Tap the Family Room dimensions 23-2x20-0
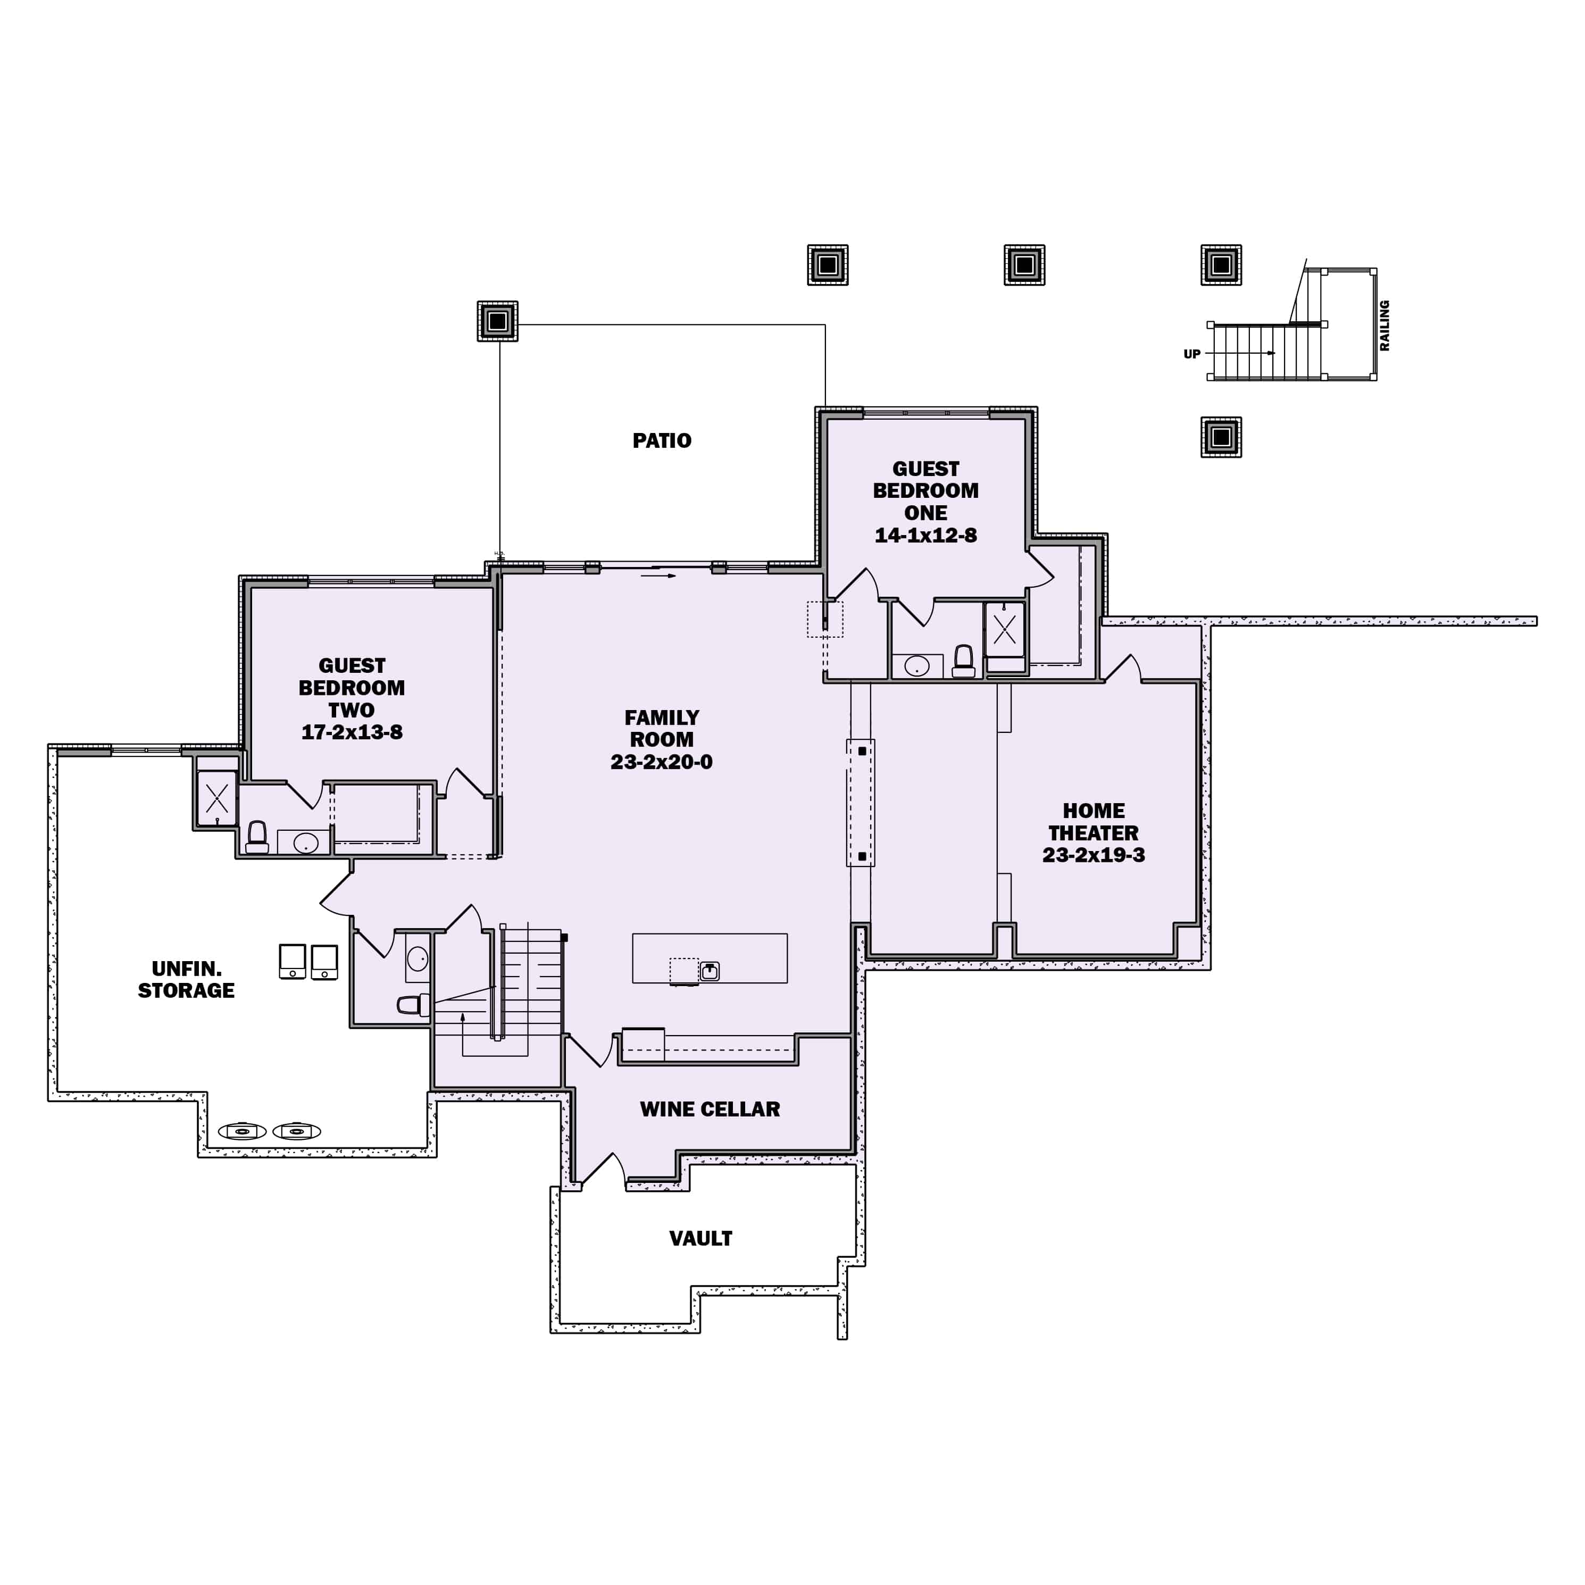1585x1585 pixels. point(661,762)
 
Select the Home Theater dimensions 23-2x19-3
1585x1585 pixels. point(1094,855)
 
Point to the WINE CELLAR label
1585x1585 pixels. point(710,1109)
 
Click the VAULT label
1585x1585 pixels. point(700,1239)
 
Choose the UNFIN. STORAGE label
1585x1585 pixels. point(186,980)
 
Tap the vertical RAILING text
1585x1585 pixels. point(1385,326)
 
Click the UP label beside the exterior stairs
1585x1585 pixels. point(1191,354)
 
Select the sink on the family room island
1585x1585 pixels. point(710,971)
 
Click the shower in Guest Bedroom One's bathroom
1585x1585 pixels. point(1005,630)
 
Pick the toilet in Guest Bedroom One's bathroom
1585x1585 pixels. point(964,661)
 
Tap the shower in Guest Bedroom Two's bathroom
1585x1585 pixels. point(216,797)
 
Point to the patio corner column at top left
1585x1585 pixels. point(497,321)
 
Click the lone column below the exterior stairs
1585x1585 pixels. point(1221,437)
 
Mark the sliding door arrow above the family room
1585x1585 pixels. point(659,576)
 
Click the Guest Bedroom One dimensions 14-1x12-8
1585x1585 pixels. point(925,536)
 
